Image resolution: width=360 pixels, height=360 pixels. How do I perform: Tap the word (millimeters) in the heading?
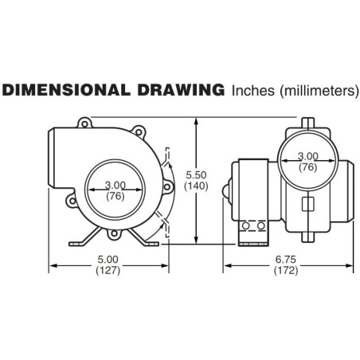click(x=317, y=92)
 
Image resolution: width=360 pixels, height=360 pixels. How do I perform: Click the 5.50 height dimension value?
click(x=195, y=174)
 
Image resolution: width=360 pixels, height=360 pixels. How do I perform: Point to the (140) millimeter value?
click(x=195, y=186)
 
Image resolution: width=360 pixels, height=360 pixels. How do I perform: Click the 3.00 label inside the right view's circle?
click(x=307, y=156)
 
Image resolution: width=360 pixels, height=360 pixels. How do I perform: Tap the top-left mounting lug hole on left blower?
click(x=82, y=123)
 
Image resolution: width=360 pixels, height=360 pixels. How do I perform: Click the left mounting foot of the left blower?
click(x=82, y=240)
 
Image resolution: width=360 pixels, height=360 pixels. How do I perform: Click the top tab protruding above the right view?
click(x=307, y=123)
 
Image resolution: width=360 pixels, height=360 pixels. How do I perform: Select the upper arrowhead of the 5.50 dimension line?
click(x=195, y=120)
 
